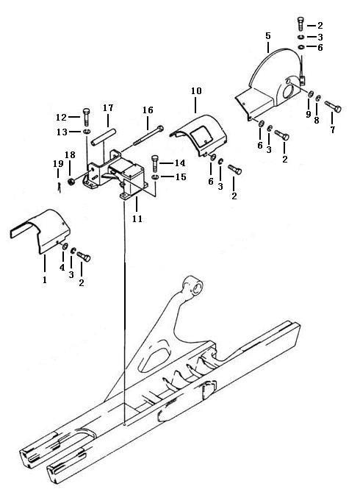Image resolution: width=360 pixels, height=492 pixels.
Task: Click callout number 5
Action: (x=268, y=36)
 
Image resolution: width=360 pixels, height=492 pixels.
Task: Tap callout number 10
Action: (x=196, y=91)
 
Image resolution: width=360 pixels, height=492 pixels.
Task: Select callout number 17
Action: (x=108, y=108)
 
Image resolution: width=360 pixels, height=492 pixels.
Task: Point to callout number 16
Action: (x=148, y=110)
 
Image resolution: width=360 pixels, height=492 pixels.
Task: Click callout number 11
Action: (x=137, y=218)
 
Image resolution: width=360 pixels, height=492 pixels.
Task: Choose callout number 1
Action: (x=45, y=279)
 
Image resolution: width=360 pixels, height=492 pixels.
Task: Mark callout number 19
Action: (x=58, y=163)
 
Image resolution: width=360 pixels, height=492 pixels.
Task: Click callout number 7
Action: (x=332, y=129)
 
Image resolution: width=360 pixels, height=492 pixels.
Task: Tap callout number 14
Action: (x=180, y=163)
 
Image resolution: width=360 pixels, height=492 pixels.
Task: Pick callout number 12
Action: (x=61, y=118)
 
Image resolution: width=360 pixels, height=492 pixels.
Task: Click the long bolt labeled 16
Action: (x=148, y=135)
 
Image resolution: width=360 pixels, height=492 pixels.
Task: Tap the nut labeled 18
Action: (x=71, y=182)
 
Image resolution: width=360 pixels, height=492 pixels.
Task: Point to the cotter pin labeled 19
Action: (x=60, y=188)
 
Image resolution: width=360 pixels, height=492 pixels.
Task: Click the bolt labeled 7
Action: (x=333, y=107)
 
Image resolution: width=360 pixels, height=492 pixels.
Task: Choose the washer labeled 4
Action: (x=65, y=246)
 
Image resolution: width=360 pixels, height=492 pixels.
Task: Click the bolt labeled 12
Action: (x=86, y=117)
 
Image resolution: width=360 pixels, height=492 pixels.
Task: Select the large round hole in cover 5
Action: (x=289, y=93)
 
